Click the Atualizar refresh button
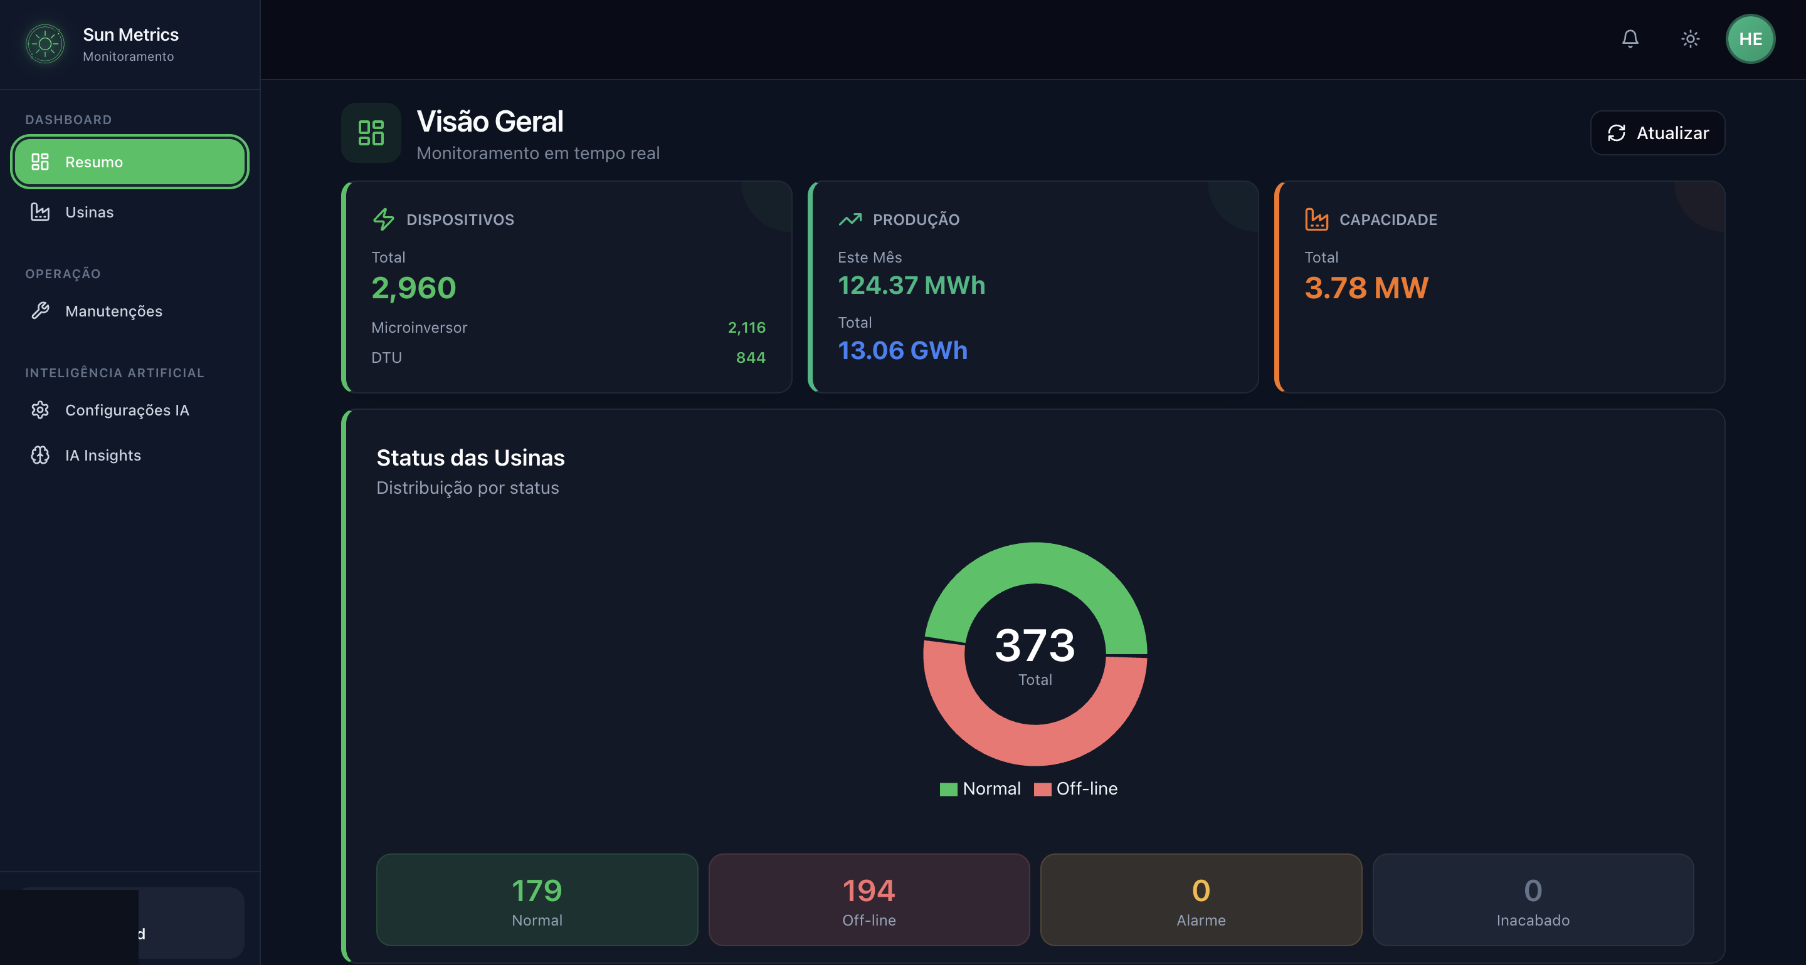[1657, 133]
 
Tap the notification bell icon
[1630, 39]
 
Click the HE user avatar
[1750, 39]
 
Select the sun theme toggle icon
[1691, 39]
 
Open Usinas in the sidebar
[89, 212]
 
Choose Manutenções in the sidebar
[113, 311]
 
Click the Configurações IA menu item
[126, 410]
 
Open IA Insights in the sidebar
[102, 456]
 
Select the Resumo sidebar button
[130, 162]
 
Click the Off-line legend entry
[1076, 789]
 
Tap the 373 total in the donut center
[1035, 645]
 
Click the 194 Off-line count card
[869, 900]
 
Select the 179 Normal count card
[537, 900]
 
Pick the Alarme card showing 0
[1201, 900]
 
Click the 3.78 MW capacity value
[1366, 288]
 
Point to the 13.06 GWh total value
[902, 350]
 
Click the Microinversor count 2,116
[746, 328]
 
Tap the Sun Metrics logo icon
[46, 43]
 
